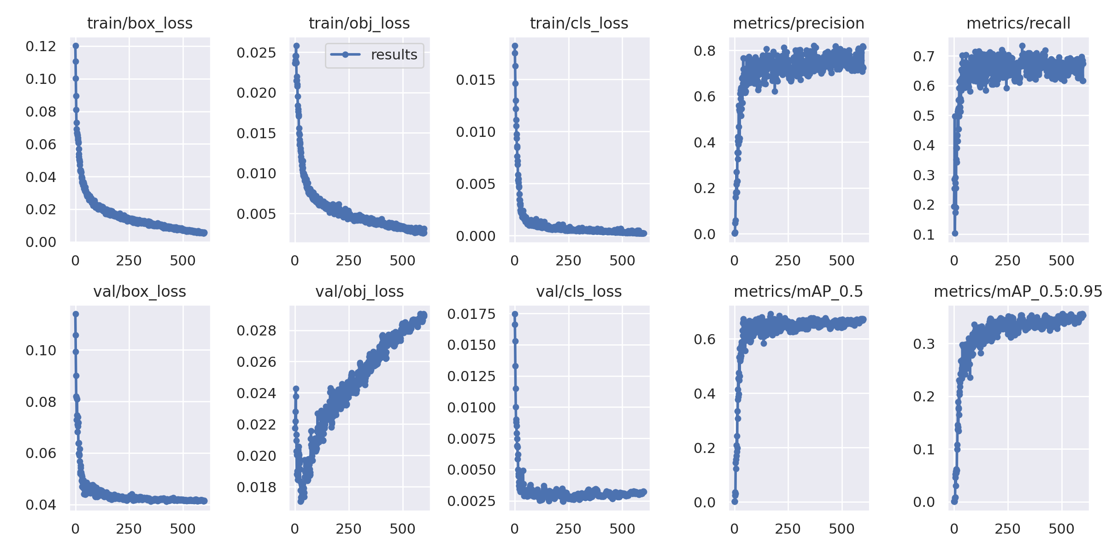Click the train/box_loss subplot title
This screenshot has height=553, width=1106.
pyautogui.click(x=140, y=23)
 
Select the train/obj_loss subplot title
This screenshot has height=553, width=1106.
pyautogui.click(x=359, y=23)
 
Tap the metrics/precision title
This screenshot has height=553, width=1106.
pyautogui.click(x=798, y=23)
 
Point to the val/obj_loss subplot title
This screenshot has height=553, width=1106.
pyautogui.click(x=359, y=291)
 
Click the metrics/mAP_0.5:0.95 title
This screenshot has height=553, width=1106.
pyautogui.click(x=1018, y=291)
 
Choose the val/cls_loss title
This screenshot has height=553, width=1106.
pyautogui.click(x=579, y=291)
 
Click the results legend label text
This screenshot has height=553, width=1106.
pyautogui.click(x=394, y=55)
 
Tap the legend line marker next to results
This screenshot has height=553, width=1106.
pyautogui.click(x=345, y=55)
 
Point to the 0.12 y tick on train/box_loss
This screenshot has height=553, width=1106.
pyautogui.click(x=41, y=46)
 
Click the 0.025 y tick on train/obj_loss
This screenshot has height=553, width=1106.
pyautogui.click(x=256, y=53)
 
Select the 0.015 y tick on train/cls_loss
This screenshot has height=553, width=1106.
pyautogui.click(x=476, y=80)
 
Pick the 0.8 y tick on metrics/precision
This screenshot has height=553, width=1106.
pyautogui.click(x=705, y=51)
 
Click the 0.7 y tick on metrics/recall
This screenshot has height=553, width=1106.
pyautogui.click(x=924, y=56)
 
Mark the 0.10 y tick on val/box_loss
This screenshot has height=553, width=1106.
pyautogui.click(x=41, y=350)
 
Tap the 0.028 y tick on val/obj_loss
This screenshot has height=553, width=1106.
pyautogui.click(x=256, y=330)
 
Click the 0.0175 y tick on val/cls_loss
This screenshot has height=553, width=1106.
pyautogui.click(x=471, y=314)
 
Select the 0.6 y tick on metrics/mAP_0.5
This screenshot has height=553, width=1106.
pyautogui.click(x=705, y=339)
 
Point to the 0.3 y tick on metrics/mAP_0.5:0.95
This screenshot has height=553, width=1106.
pyautogui.click(x=924, y=343)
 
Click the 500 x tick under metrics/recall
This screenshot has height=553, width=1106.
pyautogui.click(x=1061, y=261)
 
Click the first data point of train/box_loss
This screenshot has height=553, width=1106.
pyautogui.click(x=76, y=46)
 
